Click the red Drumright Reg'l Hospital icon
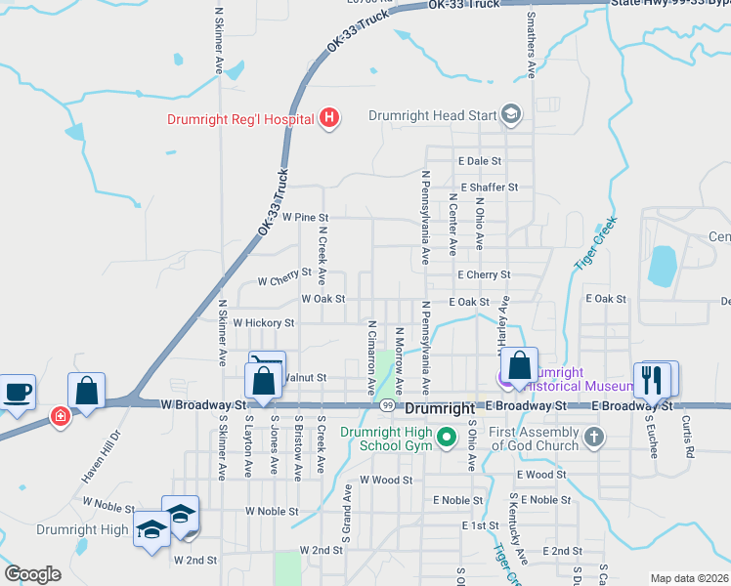click(330, 119)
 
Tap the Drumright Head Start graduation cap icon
click(510, 115)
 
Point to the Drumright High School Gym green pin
click(448, 436)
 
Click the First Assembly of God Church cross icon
click(594, 436)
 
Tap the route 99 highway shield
click(388, 405)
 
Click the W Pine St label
click(305, 217)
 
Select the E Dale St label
click(479, 161)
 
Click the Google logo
click(33, 573)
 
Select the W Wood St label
click(386, 480)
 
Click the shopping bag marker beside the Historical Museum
click(521, 366)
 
